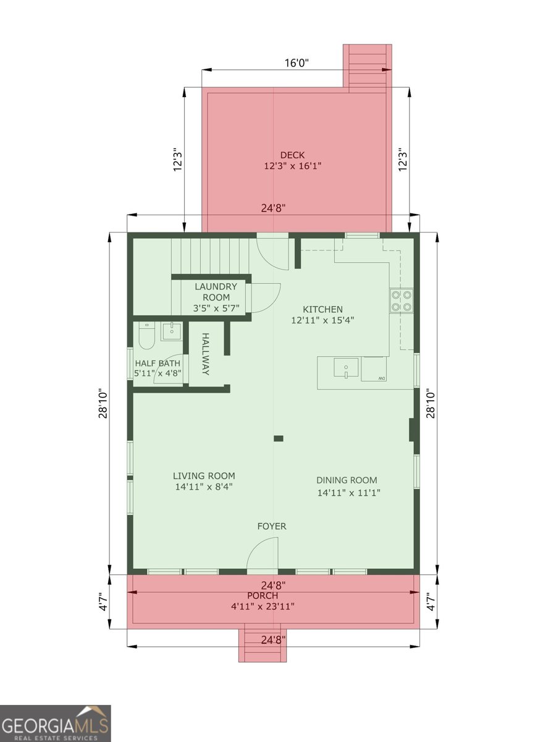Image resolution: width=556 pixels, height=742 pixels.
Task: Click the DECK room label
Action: tap(292, 155)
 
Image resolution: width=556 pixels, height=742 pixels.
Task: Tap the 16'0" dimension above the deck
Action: tap(297, 63)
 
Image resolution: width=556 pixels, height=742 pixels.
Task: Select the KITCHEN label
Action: tap(322, 309)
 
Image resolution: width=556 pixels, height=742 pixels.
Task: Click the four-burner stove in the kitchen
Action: tap(402, 301)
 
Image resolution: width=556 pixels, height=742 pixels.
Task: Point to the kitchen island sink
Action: tap(346, 367)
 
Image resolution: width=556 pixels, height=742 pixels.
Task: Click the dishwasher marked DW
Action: tap(374, 369)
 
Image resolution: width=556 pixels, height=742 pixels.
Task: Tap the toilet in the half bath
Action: tap(146, 336)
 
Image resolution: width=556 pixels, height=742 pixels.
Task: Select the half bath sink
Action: tap(172, 331)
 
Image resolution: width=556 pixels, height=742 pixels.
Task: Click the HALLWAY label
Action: tap(205, 354)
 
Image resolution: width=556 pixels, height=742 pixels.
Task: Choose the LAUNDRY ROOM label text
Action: tap(216, 292)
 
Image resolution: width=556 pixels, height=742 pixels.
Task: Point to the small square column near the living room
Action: tap(278, 438)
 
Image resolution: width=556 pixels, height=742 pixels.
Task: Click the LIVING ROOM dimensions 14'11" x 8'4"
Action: tap(204, 487)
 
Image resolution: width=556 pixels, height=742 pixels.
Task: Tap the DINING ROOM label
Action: tap(347, 480)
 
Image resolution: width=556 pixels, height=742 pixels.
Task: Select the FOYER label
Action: tap(272, 526)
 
